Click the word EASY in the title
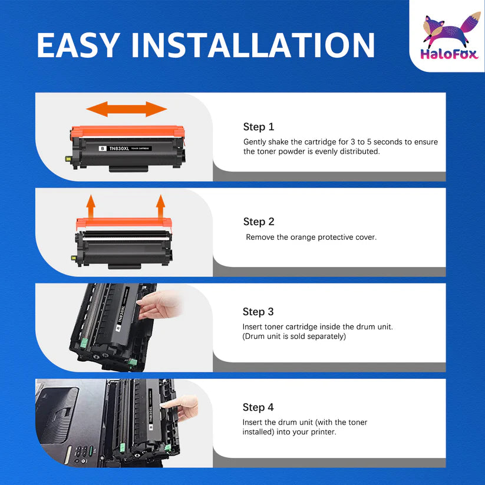coord(78,45)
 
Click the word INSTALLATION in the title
coord(253,45)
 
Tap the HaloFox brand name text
coord(449,54)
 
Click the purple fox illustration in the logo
coord(450,29)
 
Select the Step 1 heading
coord(259,127)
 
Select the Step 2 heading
coord(259,222)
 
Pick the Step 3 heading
coord(258,312)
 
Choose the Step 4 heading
coord(258,407)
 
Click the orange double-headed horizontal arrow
coord(127,109)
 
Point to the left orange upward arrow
coord(91,206)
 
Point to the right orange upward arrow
coord(160,206)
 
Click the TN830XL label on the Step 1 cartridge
coord(119,149)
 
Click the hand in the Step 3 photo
coord(159,304)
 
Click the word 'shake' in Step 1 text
coord(278,141)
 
